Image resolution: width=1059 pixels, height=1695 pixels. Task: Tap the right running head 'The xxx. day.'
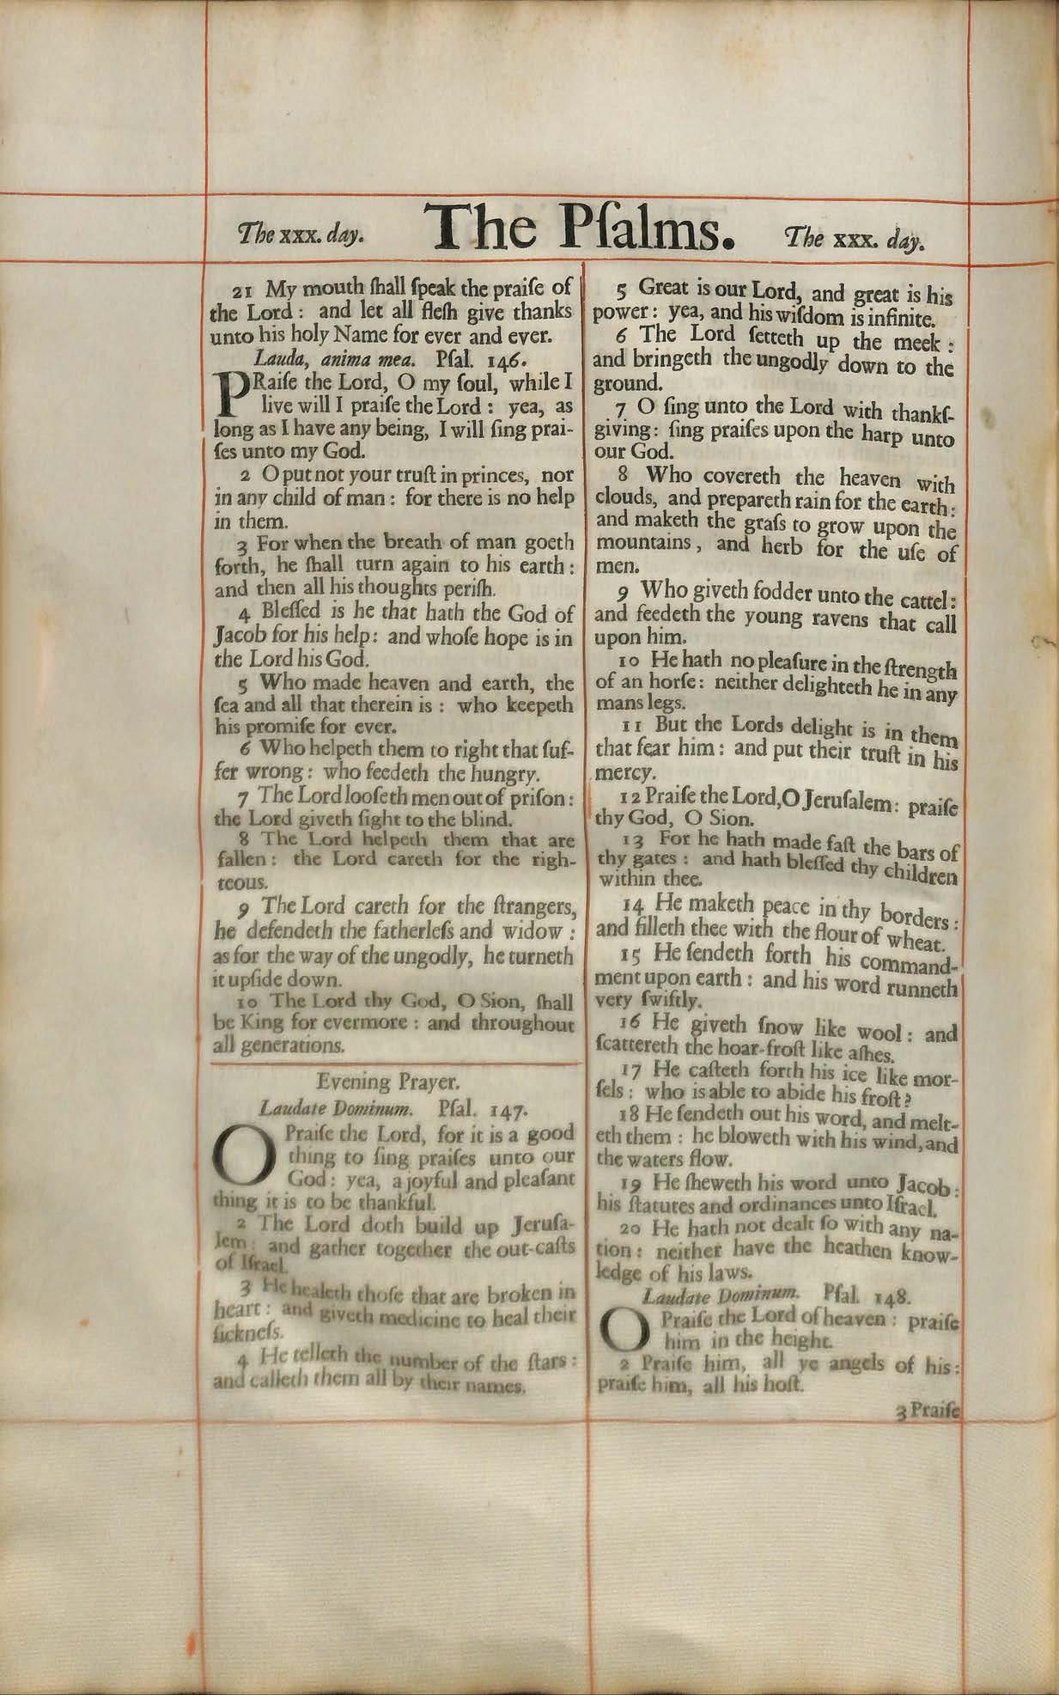coord(854,238)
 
